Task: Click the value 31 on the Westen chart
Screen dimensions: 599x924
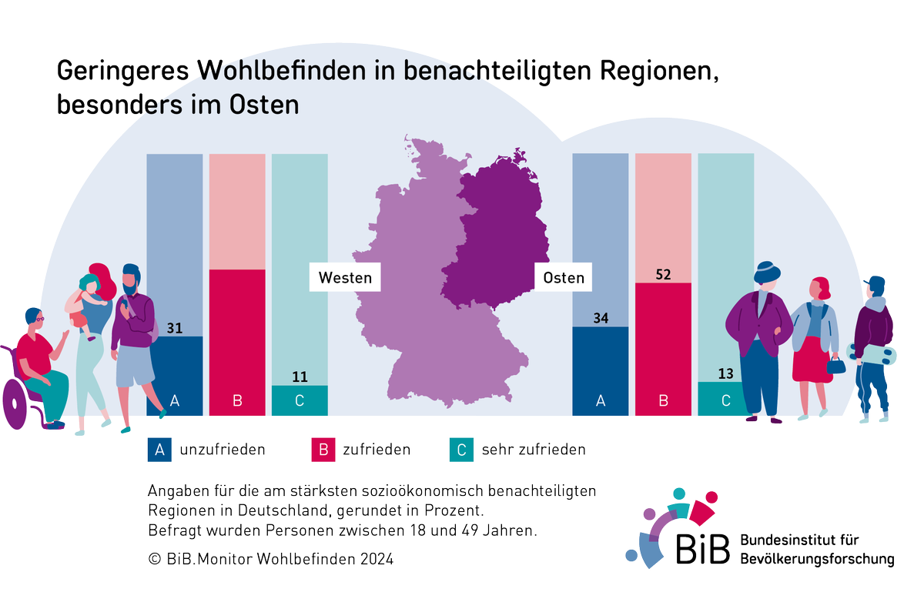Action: click(174, 328)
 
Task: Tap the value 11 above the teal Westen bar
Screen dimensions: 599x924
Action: click(300, 377)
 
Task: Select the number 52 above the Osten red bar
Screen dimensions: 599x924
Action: click(663, 274)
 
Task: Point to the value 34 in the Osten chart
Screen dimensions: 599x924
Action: click(601, 318)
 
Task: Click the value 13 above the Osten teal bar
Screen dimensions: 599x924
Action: click(725, 373)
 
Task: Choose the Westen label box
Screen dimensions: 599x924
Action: click(345, 277)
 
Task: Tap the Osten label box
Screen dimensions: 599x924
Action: click(564, 277)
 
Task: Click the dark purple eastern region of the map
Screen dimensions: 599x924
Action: click(500, 231)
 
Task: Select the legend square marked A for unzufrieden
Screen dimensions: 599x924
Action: click(159, 450)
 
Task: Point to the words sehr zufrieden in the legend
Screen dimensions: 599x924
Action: click(534, 450)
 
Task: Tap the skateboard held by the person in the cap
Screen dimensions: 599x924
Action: click(872, 353)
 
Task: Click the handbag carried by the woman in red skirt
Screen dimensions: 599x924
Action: click(836, 363)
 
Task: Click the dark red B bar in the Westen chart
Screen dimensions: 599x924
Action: click(237, 339)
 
